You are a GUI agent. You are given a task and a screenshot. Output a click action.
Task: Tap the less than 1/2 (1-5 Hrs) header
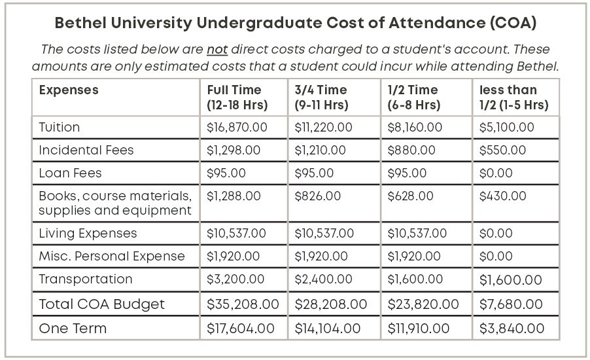pyautogui.click(x=513, y=97)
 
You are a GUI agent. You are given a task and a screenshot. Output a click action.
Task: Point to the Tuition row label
pyautogui.click(x=60, y=127)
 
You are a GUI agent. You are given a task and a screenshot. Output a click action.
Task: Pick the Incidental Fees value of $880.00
pyautogui.click(x=411, y=150)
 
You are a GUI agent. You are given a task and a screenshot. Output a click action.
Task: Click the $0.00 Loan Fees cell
pyautogui.click(x=496, y=173)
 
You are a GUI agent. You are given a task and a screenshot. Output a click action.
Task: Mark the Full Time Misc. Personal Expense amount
pyautogui.click(x=234, y=256)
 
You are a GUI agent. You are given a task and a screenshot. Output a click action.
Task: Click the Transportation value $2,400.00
pyautogui.click(x=324, y=279)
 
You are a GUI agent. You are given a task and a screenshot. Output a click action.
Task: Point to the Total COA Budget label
pyautogui.click(x=102, y=304)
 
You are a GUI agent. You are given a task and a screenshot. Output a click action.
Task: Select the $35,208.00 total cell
pyautogui.click(x=243, y=304)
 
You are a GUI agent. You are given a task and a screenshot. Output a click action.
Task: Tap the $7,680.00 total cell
pyautogui.click(x=511, y=304)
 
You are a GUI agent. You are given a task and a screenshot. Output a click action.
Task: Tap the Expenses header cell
pyautogui.click(x=69, y=90)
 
